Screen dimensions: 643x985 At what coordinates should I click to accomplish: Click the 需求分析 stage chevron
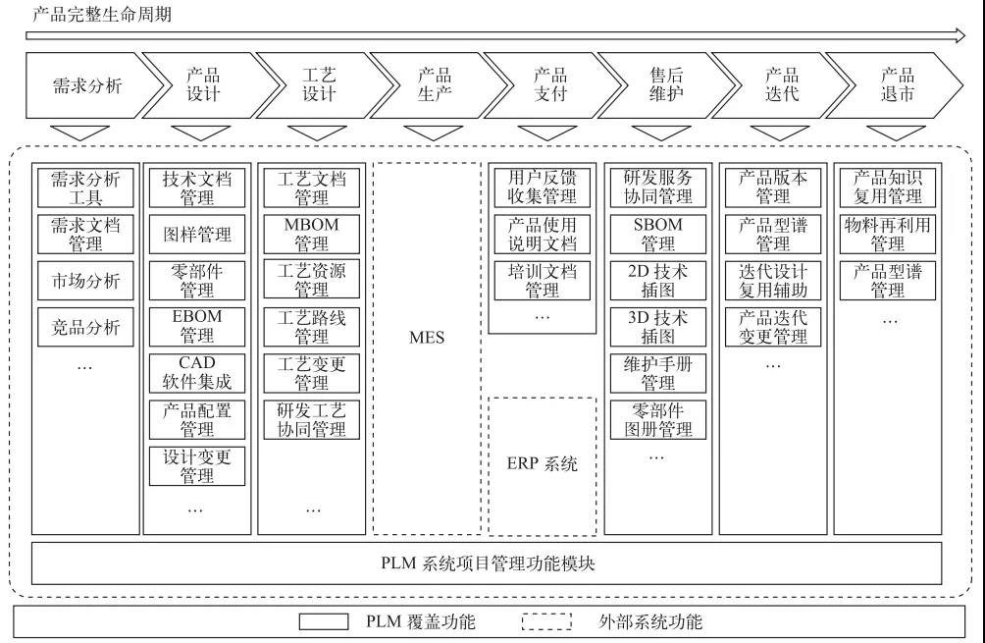[86, 84]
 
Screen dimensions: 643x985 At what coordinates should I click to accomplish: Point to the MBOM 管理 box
[311, 234]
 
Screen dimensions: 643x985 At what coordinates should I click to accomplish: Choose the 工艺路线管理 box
[311, 327]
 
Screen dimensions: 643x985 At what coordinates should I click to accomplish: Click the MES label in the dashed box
[426, 338]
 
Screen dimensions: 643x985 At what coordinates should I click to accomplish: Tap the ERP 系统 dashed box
[542, 464]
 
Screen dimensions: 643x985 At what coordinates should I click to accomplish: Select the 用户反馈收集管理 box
[542, 187]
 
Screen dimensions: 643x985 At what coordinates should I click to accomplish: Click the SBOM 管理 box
[658, 234]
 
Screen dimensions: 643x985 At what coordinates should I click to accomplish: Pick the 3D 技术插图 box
[658, 327]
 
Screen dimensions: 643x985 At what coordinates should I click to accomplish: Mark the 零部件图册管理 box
[658, 420]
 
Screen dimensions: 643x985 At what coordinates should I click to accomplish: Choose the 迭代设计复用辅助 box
[773, 281]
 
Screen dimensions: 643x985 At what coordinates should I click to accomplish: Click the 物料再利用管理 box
[887, 234]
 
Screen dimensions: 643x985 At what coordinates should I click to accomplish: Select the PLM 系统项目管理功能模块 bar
[487, 563]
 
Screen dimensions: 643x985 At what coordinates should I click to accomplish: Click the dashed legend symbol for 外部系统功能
[546, 621]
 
